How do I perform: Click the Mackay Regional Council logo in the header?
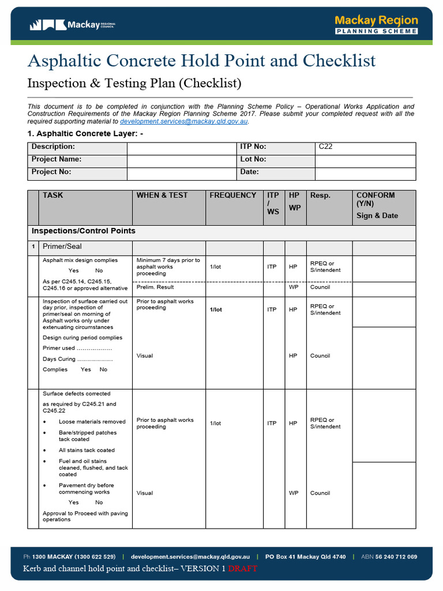coord(73,25)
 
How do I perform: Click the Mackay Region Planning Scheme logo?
coord(376,25)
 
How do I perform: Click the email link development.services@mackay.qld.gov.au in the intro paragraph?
coord(183,122)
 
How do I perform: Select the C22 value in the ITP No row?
coord(326,147)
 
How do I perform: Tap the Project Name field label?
coord(57,159)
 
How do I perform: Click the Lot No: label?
coord(253,159)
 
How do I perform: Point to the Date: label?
coord(249,172)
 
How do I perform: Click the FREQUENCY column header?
coord(233,196)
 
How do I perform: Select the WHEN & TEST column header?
coord(162,196)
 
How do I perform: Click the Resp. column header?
coord(320,196)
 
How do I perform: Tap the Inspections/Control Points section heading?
coord(84,231)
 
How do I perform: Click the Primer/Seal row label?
coord(62,246)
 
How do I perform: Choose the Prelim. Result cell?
coord(155,287)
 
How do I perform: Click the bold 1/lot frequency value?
coord(216,310)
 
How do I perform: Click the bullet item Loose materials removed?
coord(92,422)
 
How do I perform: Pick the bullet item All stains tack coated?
coord(87,450)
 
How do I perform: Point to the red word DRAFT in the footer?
coord(242,568)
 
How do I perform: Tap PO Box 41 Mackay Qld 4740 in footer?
coord(305,557)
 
